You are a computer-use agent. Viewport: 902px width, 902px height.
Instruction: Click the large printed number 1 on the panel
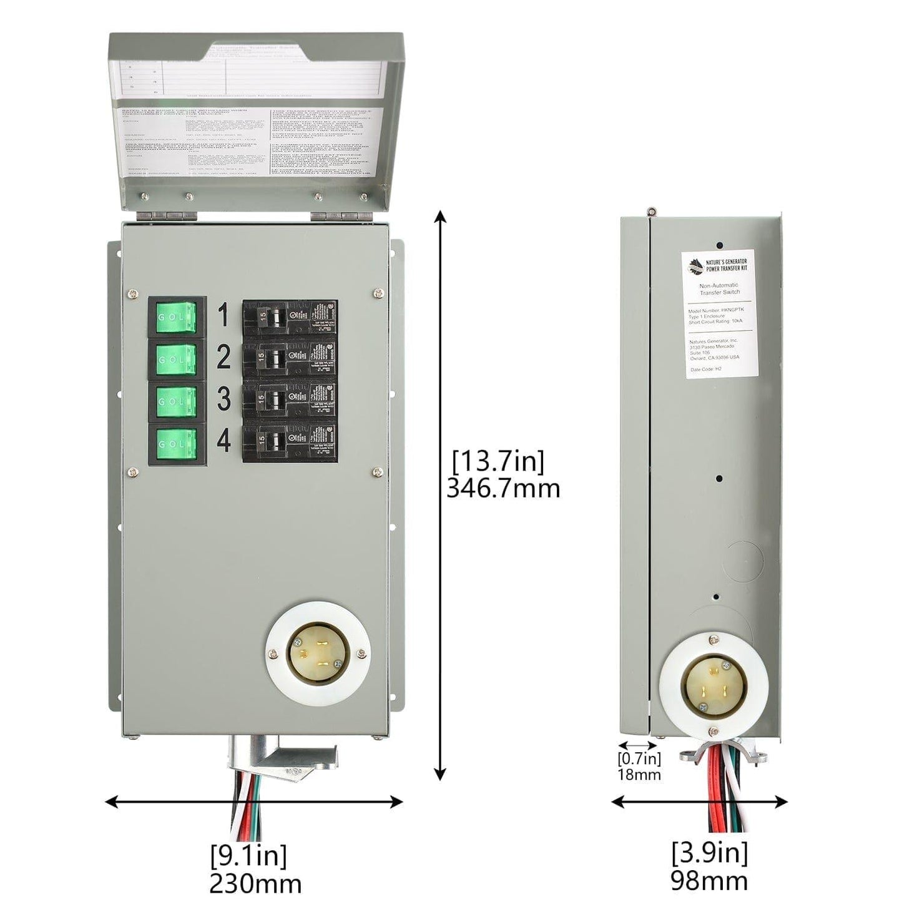coord(223,316)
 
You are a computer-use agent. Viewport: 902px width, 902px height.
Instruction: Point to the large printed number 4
coord(223,441)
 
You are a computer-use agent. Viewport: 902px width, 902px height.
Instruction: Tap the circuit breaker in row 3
coord(290,401)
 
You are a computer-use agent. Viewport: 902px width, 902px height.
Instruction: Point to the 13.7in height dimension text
coord(498,462)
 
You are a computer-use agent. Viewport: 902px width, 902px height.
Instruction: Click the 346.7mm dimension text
coord(503,489)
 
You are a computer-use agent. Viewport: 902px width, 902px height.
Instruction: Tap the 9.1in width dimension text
coord(248,856)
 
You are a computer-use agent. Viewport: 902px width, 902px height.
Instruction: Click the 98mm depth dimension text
coord(709,880)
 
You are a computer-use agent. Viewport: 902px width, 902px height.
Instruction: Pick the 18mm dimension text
coord(639,775)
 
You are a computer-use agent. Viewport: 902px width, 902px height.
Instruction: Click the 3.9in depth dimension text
coord(709,852)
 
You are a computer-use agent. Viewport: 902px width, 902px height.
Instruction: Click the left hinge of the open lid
coord(167,215)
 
